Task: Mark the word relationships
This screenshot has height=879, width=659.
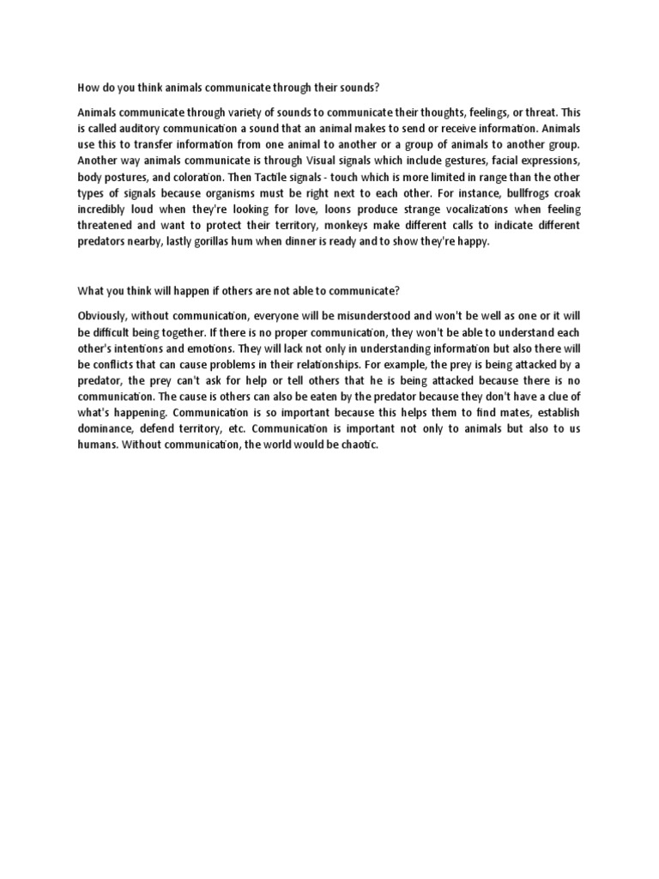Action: point(317,363)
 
